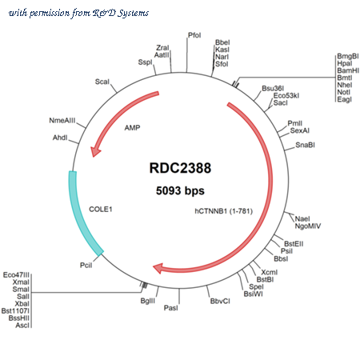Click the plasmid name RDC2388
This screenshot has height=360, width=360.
pyautogui.click(x=180, y=168)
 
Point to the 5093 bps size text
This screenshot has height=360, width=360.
pyautogui.click(x=180, y=190)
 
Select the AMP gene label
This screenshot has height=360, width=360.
pyautogui.click(x=132, y=128)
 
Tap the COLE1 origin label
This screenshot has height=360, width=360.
pyautogui.click(x=101, y=210)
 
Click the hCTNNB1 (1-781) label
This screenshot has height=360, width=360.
pyautogui.click(x=224, y=211)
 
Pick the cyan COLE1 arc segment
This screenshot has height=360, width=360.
pyautogui.click(x=82, y=214)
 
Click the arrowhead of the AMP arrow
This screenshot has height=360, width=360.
pyautogui.click(x=95, y=152)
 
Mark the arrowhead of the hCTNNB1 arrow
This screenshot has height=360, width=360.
pyautogui.click(x=158, y=268)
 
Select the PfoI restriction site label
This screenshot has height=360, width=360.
pyautogui.click(x=194, y=35)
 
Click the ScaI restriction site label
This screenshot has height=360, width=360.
pyautogui.click(x=102, y=82)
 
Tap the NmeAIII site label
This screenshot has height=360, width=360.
pyautogui.click(x=62, y=121)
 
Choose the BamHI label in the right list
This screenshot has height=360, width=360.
pyautogui.click(x=348, y=70)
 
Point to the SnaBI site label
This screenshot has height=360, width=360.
pyautogui.click(x=305, y=145)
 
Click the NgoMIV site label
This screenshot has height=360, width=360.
pyautogui.click(x=308, y=226)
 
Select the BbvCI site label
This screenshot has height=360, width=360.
pyautogui.click(x=220, y=301)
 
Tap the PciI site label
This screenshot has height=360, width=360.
pyautogui.click(x=86, y=266)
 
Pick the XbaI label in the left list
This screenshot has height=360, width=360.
pyautogui.click(x=22, y=304)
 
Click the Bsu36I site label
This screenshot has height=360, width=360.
pyautogui.click(x=273, y=88)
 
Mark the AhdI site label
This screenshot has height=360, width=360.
pyautogui.click(x=60, y=138)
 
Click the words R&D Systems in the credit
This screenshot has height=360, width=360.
pyautogui.click(x=121, y=13)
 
